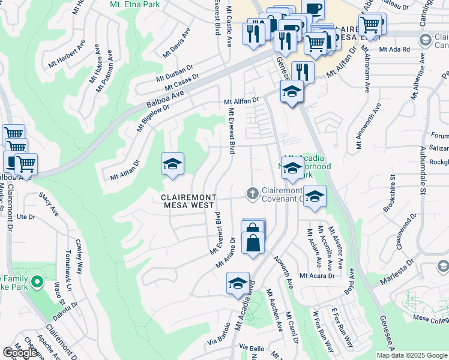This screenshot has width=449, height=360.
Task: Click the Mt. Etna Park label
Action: (x=134, y=4)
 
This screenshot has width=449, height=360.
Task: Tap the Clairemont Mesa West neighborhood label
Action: (x=188, y=201)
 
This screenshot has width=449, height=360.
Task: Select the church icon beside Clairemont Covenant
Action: (x=253, y=193)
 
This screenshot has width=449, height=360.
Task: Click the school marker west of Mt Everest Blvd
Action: (x=172, y=164)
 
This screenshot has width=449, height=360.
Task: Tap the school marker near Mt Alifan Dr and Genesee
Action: (x=292, y=92)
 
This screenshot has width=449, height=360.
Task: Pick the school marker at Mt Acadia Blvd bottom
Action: (x=238, y=283)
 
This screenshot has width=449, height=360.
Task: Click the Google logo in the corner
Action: (x=20, y=353)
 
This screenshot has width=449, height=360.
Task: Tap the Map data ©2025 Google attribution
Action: (x=411, y=355)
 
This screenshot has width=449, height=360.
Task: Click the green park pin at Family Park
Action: (x=37, y=281)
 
